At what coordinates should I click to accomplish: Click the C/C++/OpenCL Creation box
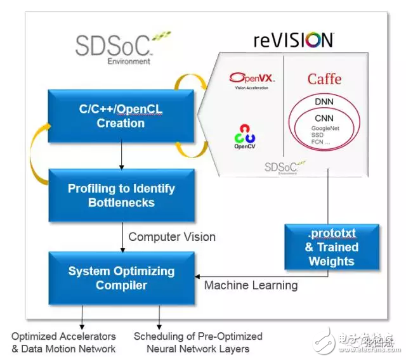tap(121, 117)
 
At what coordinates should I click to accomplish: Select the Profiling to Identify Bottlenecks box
tap(121, 195)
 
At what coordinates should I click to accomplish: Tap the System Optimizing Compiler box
tap(121, 278)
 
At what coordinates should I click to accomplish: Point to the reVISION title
tap(293, 41)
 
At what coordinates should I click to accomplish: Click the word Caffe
tap(324, 79)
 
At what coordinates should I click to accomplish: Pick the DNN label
tap(324, 101)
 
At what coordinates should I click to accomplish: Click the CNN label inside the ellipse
tap(324, 118)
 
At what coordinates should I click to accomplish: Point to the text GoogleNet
tap(324, 127)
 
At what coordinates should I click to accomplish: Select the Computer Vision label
tap(172, 237)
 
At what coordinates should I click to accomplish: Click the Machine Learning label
tap(251, 285)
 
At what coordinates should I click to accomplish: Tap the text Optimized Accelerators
tap(63, 336)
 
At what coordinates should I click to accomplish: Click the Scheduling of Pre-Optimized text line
tap(198, 336)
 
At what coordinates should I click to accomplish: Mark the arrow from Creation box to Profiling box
tap(120, 156)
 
